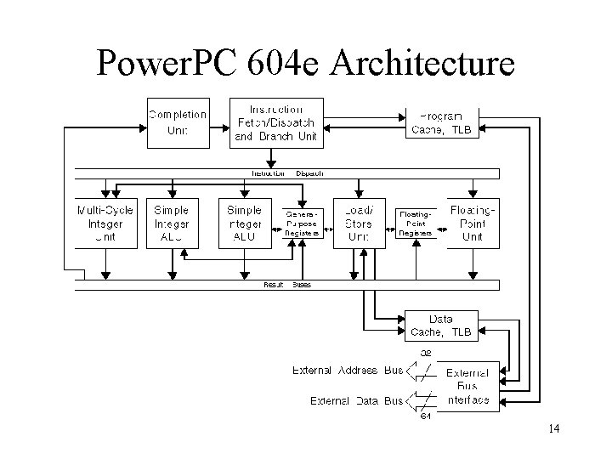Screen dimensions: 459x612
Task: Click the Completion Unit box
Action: tap(178, 122)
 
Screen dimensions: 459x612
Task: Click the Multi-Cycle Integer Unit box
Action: tap(105, 224)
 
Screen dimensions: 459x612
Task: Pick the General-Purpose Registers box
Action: tap(302, 224)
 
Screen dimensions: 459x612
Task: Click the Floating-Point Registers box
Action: tap(416, 224)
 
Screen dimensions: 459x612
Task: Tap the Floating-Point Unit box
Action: tap(472, 224)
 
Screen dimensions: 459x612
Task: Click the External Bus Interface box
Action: tap(467, 385)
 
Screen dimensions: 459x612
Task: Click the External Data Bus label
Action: tap(356, 400)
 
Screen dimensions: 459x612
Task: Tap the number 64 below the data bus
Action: tap(426, 416)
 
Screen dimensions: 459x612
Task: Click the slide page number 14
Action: tap(553, 428)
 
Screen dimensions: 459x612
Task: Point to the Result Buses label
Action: tap(287, 285)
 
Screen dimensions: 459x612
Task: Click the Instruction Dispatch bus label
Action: tap(286, 173)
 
